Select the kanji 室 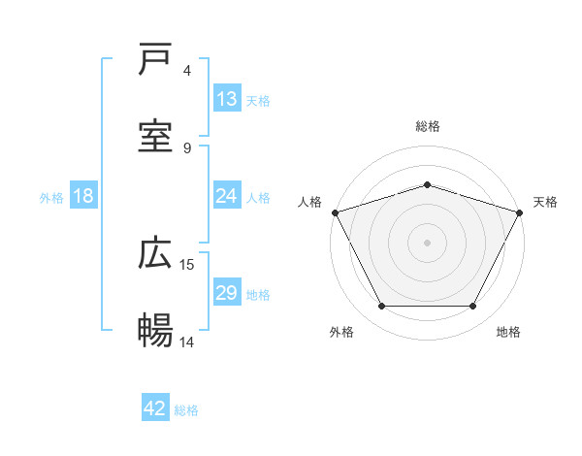click(x=156, y=137)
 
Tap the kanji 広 click(x=156, y=254)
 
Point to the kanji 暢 click(x=156, y=331)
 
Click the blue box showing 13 click(x=226, y=99)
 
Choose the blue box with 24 click(x=226, y=196)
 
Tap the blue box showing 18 click(x=83, y=196)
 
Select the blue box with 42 click(x=155, y=409)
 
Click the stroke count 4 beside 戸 click(x=187, y=71)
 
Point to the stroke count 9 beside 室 click(x=187, y=147)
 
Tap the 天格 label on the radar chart click(x=545, y=202)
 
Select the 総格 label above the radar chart click(x=427, y=126)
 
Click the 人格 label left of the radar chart click(x=309, y=202)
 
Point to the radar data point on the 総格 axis click(x=427, y=184)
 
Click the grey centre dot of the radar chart click(x=427, y=242)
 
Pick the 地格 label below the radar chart click(x=508, y=332)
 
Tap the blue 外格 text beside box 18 click(x=51, y=197)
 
